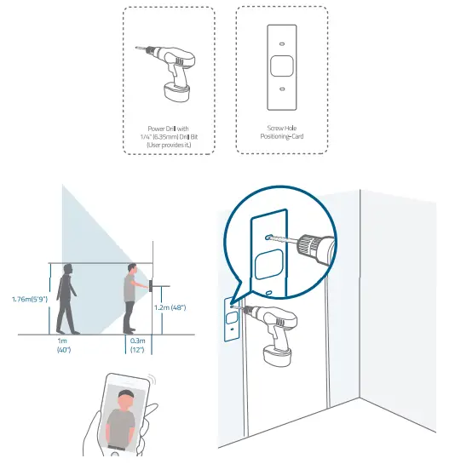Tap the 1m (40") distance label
click(64, 345)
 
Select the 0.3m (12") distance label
click(138, 345)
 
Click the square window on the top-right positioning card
click(281, 66)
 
